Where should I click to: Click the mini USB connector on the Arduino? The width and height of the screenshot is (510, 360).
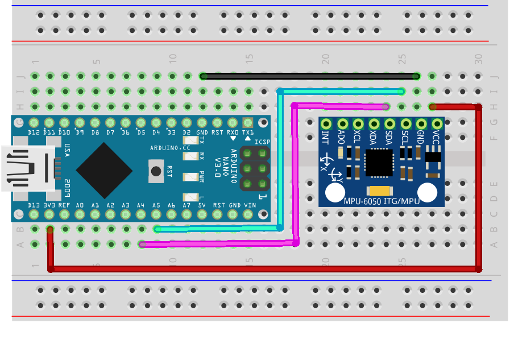(x=28, y=168)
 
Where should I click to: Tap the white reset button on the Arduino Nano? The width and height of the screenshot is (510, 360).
(x=155, y=170)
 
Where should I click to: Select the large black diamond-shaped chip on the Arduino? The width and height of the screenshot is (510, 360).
(x=104, y=171)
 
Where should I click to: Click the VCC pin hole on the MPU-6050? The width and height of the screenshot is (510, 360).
(x=437, y=123)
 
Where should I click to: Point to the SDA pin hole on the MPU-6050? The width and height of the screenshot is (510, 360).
(x=389, y=123)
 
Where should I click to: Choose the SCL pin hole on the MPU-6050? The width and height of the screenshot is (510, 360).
(x=405, y=123)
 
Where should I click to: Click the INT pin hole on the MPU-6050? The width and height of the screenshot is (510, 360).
(x=326, y=123)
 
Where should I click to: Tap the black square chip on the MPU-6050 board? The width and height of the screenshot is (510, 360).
(x=379, y=163)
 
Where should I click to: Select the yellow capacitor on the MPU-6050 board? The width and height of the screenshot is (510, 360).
(x=380, y=191)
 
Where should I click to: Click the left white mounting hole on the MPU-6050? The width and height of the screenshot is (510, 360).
(x=335, y=193)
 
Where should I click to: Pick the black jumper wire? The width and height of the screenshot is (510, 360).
(x=310, y=76)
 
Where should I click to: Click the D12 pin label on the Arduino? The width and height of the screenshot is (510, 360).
(x=34, y=133)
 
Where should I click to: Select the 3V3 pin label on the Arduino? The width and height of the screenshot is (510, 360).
(x=49, y=205)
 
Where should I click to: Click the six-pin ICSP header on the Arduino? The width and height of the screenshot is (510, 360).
(x=255, y=168)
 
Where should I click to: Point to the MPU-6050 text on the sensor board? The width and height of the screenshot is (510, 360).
(x=362, y=201)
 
